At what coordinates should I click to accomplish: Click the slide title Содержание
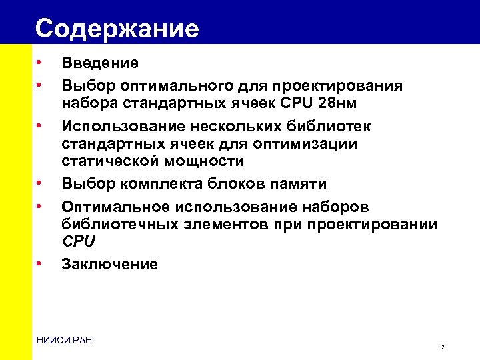pos(117,29)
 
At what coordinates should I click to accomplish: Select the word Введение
pos(100,63)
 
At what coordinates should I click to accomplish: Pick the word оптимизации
pos(311,144)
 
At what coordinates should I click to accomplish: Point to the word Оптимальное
pos(117,207)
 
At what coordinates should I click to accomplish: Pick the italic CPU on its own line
pos(79,241)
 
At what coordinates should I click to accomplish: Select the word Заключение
pos(109,265)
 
